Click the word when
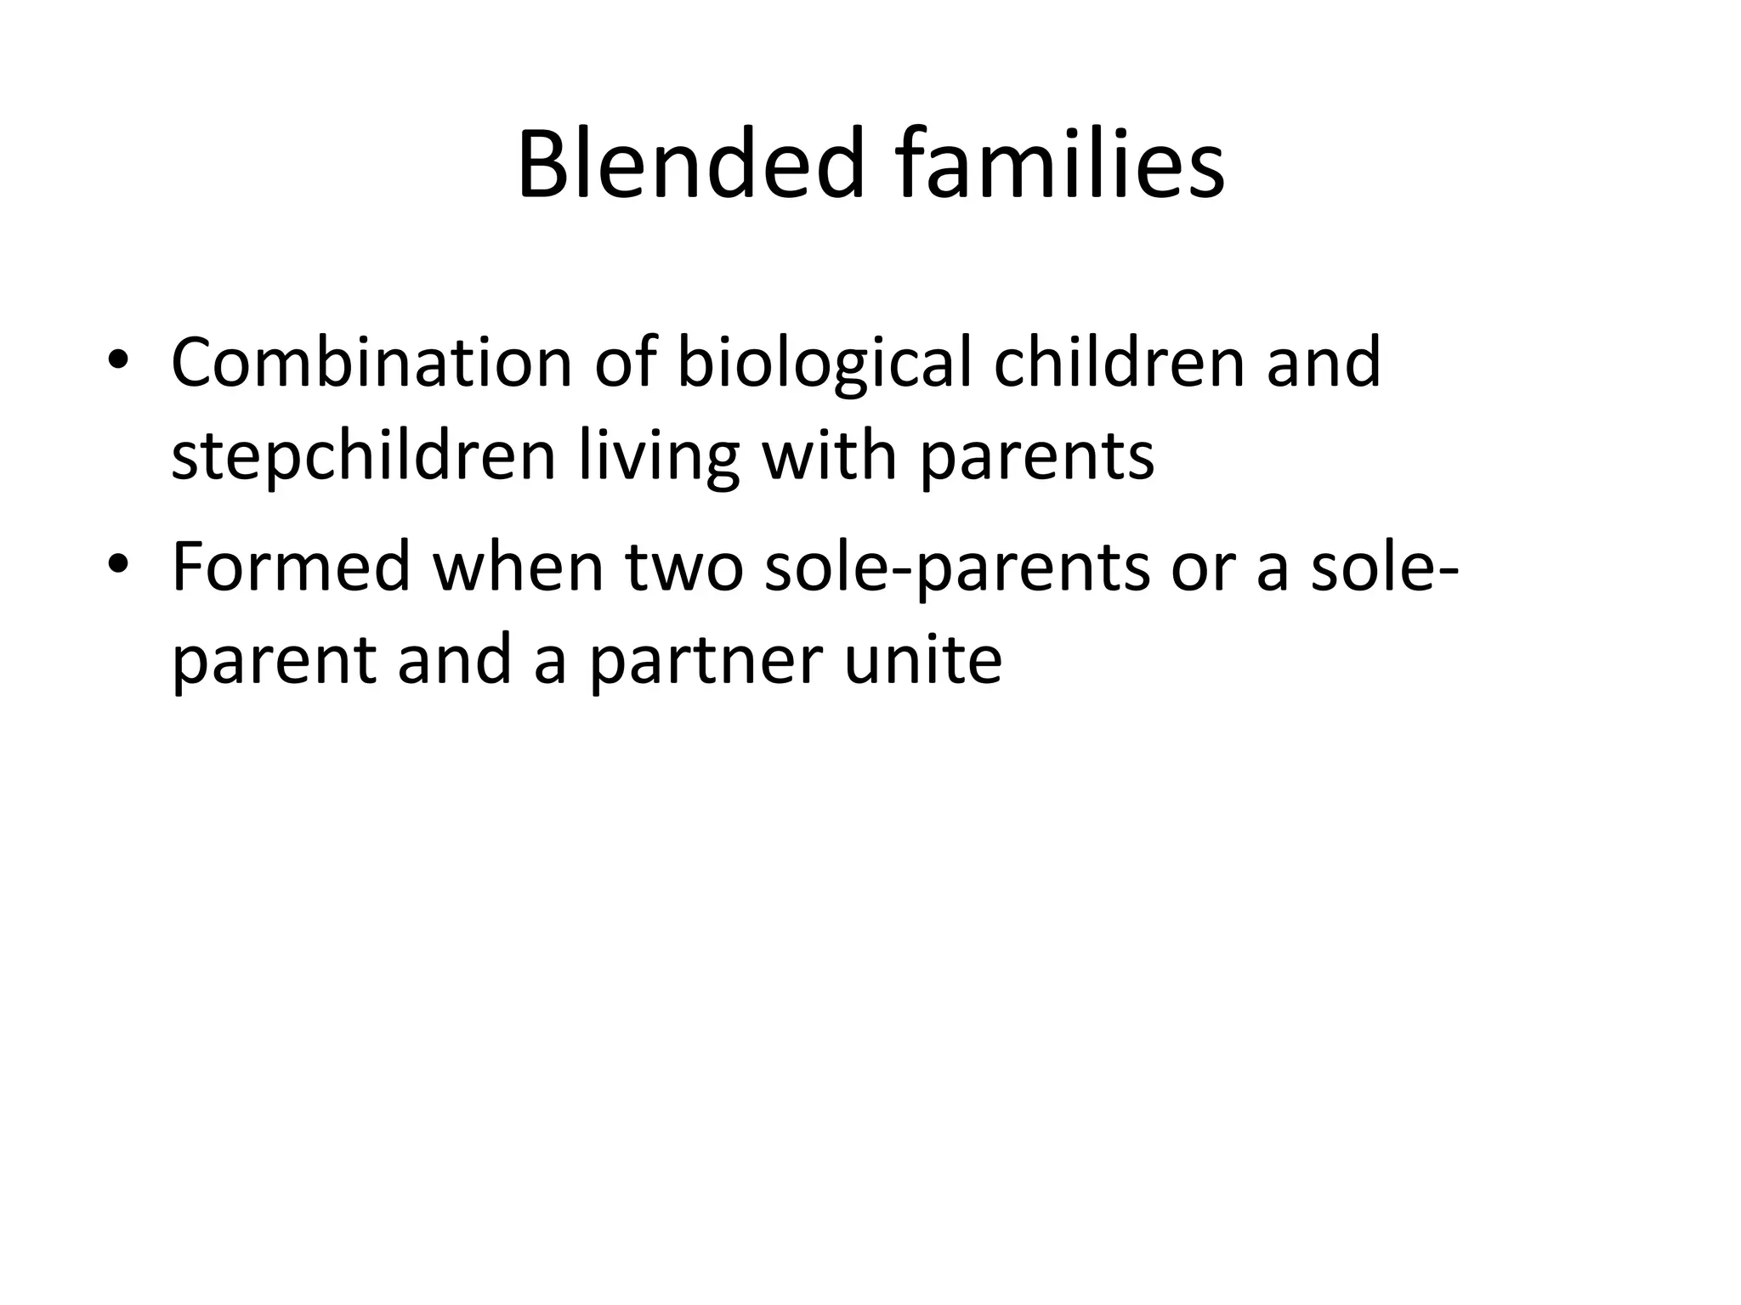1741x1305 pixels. point(519,567)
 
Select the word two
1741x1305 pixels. point(684,568)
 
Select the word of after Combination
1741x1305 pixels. point(625,363)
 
